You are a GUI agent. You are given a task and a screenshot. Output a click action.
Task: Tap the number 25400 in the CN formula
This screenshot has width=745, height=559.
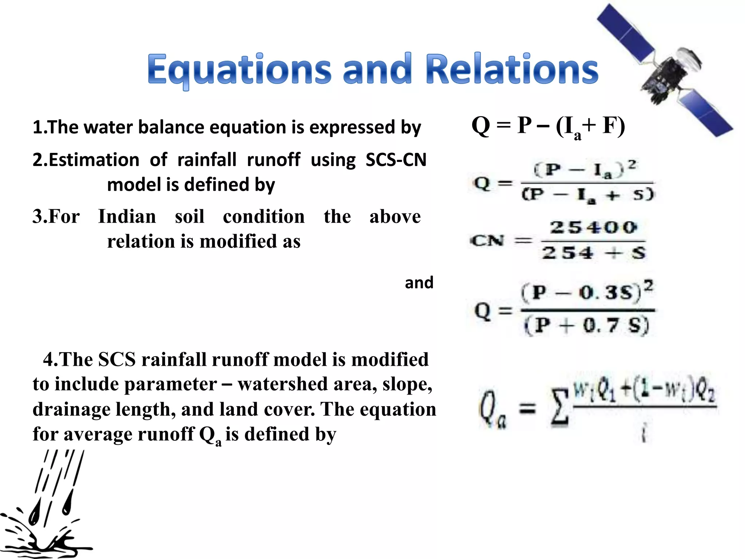click(593, 227)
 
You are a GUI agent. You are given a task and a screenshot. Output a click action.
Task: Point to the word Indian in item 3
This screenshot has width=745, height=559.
click(127, 217)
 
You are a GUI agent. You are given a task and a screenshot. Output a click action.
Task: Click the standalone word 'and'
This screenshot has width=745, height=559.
click(419, 283)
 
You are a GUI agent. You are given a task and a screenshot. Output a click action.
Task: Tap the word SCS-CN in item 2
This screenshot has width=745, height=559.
click(396, 160)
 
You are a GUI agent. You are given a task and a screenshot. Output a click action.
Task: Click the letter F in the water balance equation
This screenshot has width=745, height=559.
click(609, 126)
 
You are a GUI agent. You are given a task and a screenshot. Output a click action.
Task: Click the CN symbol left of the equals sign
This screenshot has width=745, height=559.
click(487, 241)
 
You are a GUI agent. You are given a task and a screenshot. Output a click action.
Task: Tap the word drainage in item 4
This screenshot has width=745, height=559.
click(71, 409)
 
